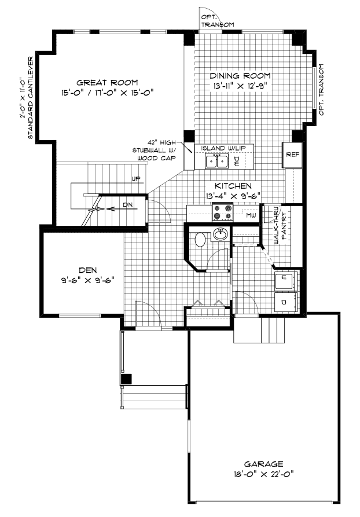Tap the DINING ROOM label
240,76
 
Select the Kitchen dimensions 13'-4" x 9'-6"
233,196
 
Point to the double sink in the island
217,160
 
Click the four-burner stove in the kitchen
223,213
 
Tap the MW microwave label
251,215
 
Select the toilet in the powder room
201,238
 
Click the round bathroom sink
221,234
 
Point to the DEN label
88,269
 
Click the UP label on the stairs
136,178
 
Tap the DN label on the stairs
128,204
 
